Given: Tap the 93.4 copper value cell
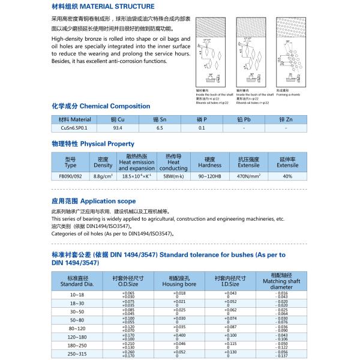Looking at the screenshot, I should [x=118, y=128].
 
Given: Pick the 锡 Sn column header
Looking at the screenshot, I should [x=160, y=119].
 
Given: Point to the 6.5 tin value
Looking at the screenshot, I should [x=160, y=128].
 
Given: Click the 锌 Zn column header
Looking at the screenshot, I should [x=286, y=119].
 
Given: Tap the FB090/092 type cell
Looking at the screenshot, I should [x=70, y=176].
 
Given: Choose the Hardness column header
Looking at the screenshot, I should [x=209, y=162].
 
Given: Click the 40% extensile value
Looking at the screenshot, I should [x=287, y=176].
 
